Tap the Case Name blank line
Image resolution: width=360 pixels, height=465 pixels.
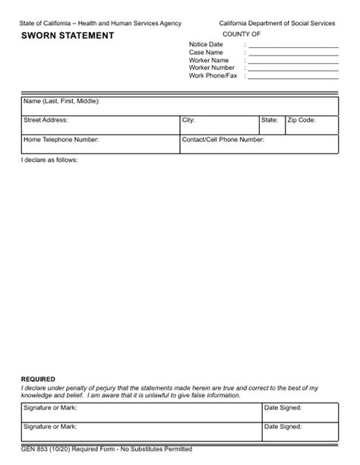pyautogui.click(x=293, y=52)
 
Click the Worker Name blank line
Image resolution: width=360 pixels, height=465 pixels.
pyautogui.click(x=293, y=60)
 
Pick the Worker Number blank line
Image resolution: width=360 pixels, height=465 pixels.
pyautogui.click(x=293, y=68)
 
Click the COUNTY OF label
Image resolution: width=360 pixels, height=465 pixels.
pyautogui.click(x=242, y=35)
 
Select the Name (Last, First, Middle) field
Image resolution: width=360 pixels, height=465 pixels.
pyautogui.click(x=179, y=106)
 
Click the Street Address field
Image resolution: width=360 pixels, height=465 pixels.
pyautogui.click(x=99, y=125)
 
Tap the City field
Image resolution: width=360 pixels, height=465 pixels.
pyautogui.click(x=219, y=125)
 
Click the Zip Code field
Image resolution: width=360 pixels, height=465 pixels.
pyautogui.click(x=311, y=125)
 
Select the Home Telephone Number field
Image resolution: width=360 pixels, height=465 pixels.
pyautogui.click(x=99, y=144)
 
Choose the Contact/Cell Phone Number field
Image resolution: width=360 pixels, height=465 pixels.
pyautogui.click(x=258, y=144)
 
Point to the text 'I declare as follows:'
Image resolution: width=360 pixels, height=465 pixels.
pyautogui.click(x=49, y=160)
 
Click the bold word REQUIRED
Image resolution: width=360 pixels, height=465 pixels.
pyautogui.click(x=38, y=378)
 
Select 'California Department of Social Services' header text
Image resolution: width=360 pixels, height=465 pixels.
pyautogui.click(x=277, y=24)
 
